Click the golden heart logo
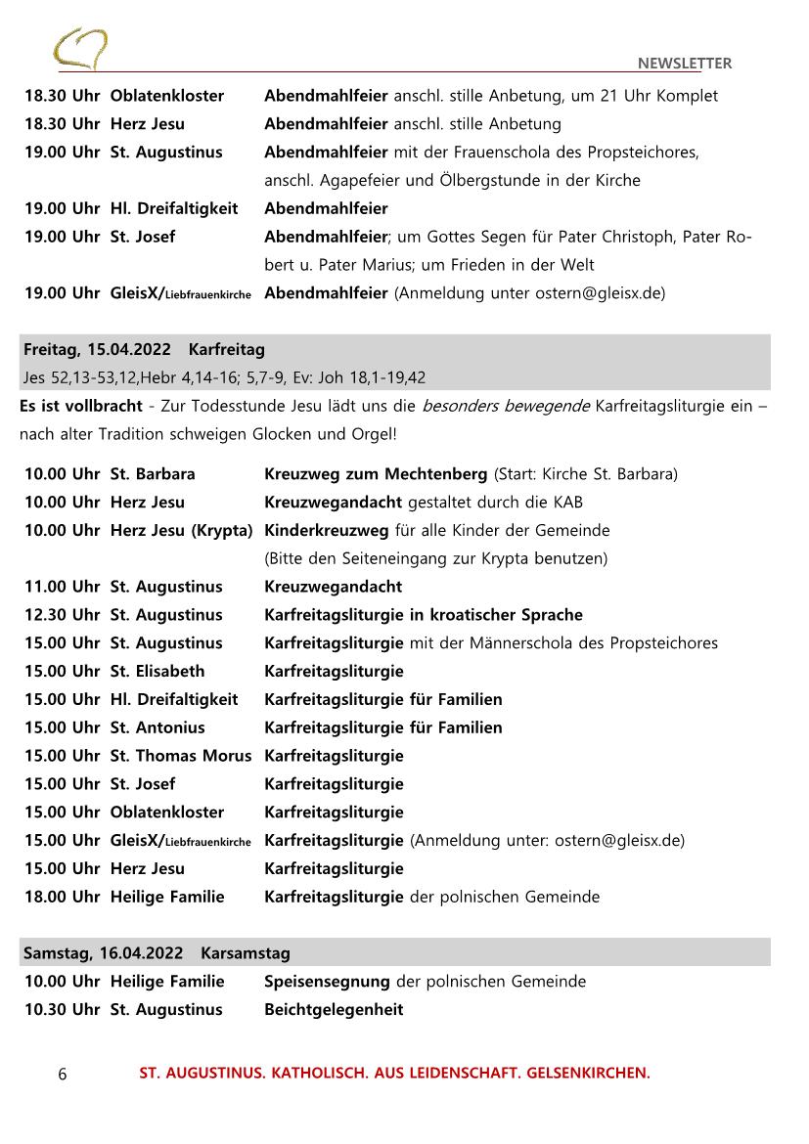click(x=80, y=49)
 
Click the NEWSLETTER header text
click(x=684, y=64)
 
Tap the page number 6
click(x=63, y=1074)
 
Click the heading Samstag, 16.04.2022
click(x=102, y=952)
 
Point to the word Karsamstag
click(x=246, y=952)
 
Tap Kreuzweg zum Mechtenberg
click(x=376, y=474)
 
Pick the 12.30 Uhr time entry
click(x=62, y=615)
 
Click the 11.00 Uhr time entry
click(x=62, y=587)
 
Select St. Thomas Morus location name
click(x=180, y=756)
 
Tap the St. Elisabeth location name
click(x=157, y=671)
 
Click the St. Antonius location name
click(x=157, y=727)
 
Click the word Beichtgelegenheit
click(x=334, y=1009)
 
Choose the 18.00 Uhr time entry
click(x=62, y=897)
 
